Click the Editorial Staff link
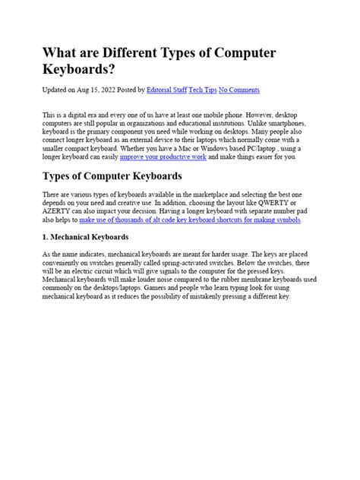pos(166,90)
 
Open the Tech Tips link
pos(202,90)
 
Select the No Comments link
pos(239,90)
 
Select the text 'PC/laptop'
pos(273,149)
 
